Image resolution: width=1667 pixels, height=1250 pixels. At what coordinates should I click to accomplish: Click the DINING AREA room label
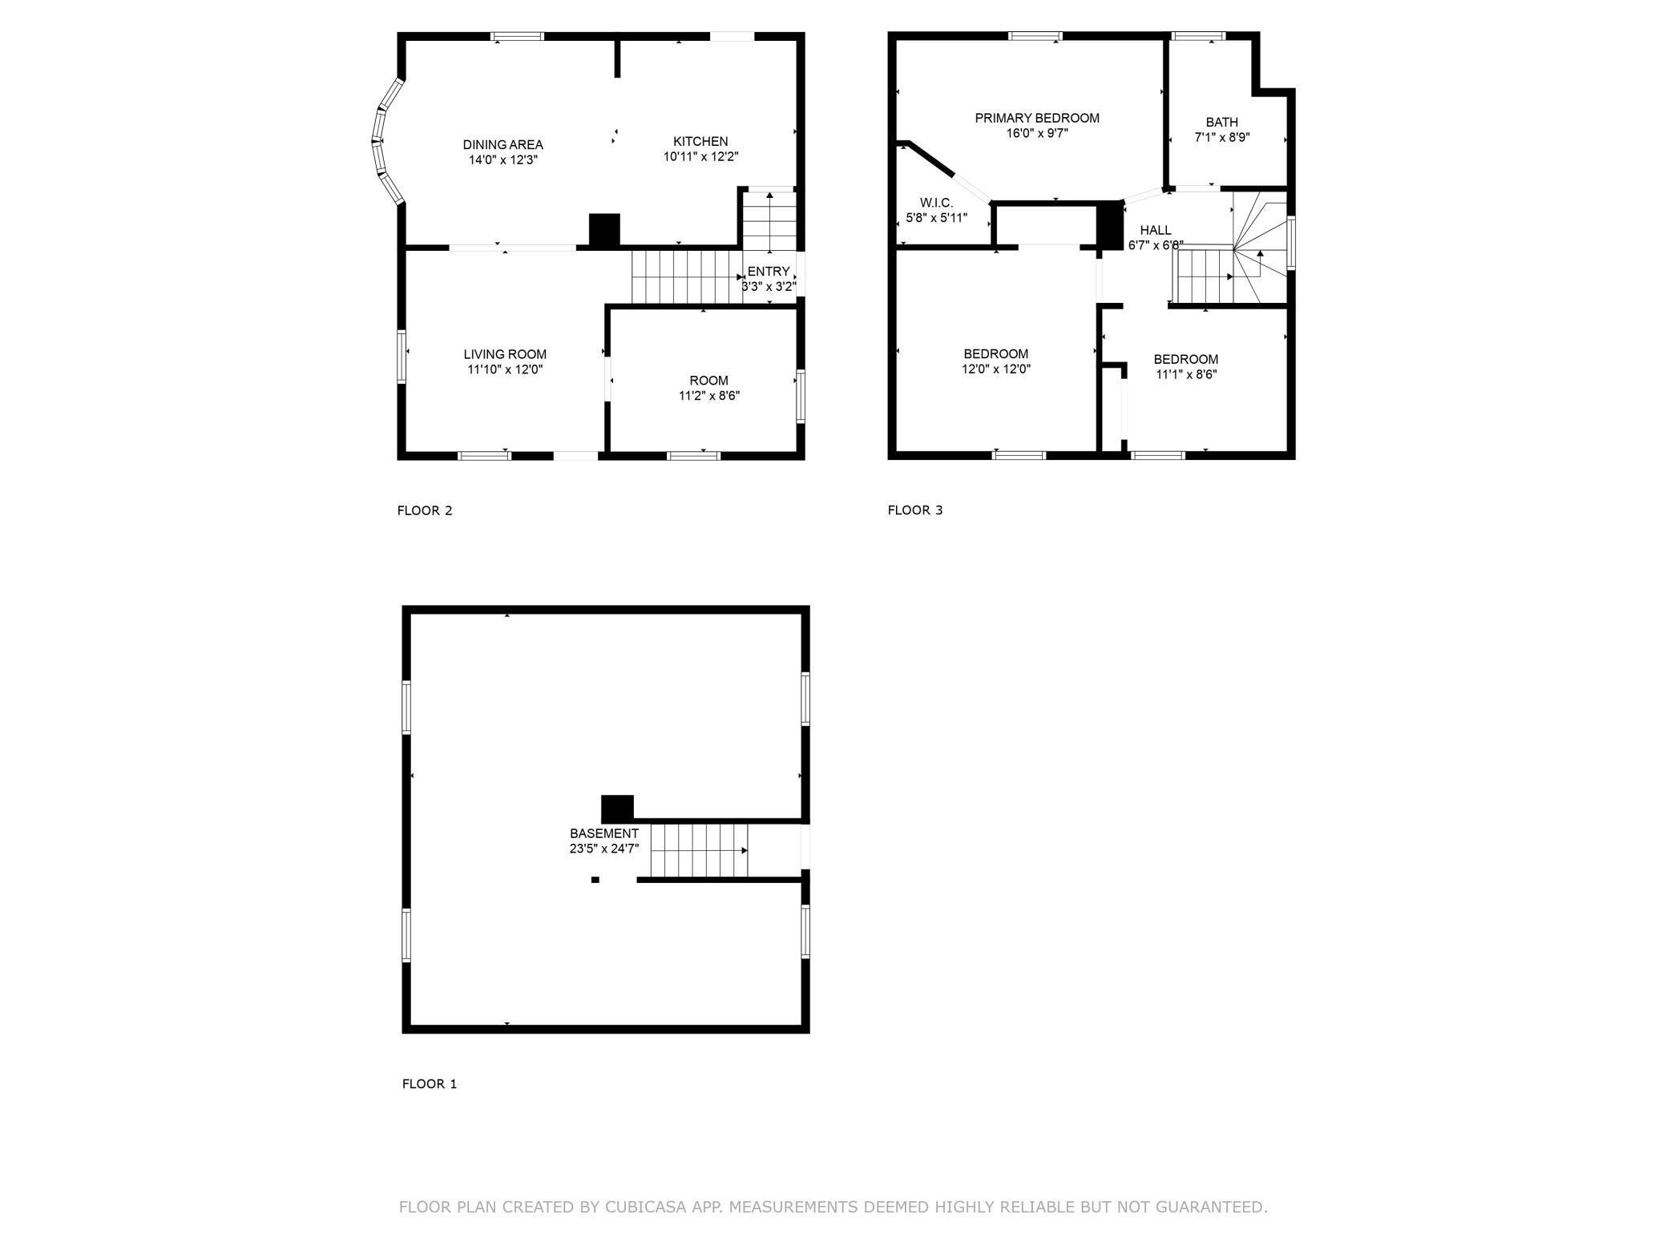(503, 145)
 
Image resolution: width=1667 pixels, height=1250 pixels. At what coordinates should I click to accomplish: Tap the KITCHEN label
(700, 142)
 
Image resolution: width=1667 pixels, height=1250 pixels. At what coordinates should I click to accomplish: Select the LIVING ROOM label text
(505, 354)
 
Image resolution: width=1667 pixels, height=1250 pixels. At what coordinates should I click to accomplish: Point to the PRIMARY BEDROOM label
(1037, 119)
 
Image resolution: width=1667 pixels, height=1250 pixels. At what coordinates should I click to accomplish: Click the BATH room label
(1222, 123)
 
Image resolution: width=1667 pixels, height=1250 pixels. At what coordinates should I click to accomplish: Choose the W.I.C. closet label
(936, 204)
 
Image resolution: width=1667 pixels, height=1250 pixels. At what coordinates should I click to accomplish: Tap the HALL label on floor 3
(1156, 230)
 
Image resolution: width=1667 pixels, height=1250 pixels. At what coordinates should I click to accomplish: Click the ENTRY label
(769, 272)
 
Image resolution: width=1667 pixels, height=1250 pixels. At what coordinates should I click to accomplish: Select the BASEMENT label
(604, 833)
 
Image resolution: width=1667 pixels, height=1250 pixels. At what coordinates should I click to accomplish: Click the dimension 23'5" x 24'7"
(604, 849)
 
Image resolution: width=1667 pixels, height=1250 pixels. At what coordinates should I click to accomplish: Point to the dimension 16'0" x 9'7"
(1037, 134)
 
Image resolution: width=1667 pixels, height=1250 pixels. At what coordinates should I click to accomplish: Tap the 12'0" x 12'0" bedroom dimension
(996, 369)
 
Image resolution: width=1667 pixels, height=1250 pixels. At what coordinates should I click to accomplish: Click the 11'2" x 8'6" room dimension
(709, 396)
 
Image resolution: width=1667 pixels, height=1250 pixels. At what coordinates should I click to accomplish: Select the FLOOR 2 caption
(425, 510)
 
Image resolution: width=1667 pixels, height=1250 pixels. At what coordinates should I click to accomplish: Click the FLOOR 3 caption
(915, 510)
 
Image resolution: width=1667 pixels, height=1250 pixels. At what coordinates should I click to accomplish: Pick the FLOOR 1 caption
(430, 1084)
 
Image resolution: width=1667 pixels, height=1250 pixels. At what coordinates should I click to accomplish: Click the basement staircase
(699, 850)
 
